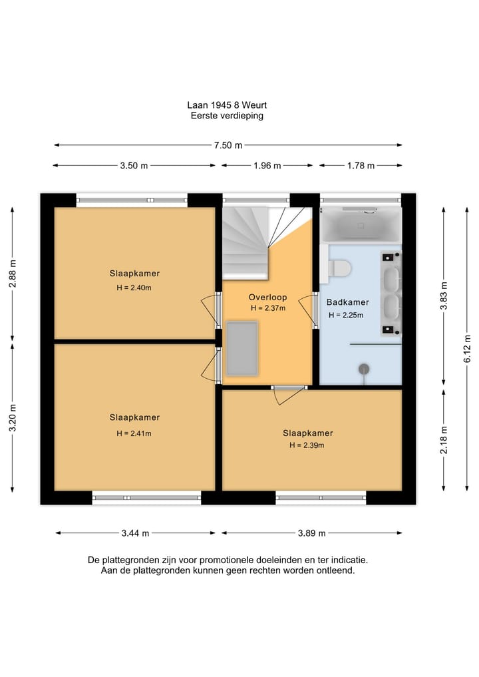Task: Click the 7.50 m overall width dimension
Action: tap(228, 145)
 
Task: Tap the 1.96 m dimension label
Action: tap(267, 165)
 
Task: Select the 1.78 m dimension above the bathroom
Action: tap(361, 165)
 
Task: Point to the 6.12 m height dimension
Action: tap(467, 349)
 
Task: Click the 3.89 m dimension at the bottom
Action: tap(311, 533)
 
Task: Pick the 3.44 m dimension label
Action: tap(135, 533)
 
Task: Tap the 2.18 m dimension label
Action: tap(444, 439)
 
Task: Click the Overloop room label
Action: tap(267, 297)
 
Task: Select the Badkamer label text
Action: tap(347, 302)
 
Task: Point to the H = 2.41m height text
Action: tap(134, 433)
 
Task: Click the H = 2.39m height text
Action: tap(307, 445)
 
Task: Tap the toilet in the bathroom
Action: tap(339, 268)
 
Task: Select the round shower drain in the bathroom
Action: tap(364, 369)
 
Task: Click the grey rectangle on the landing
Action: tap(242, 348)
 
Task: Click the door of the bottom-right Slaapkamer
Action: tap(289, 395)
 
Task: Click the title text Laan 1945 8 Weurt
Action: tap(227, 105)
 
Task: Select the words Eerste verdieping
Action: tap(227, 116)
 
